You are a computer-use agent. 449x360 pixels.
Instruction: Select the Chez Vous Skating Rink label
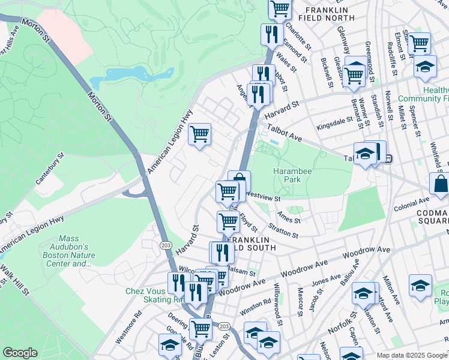tap(147, 295)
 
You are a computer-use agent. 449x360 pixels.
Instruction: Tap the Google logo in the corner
tap(20, 353)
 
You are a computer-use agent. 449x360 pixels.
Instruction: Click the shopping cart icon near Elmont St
tap(418, 43)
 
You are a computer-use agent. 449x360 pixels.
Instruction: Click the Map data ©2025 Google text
tap(412, 355)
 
